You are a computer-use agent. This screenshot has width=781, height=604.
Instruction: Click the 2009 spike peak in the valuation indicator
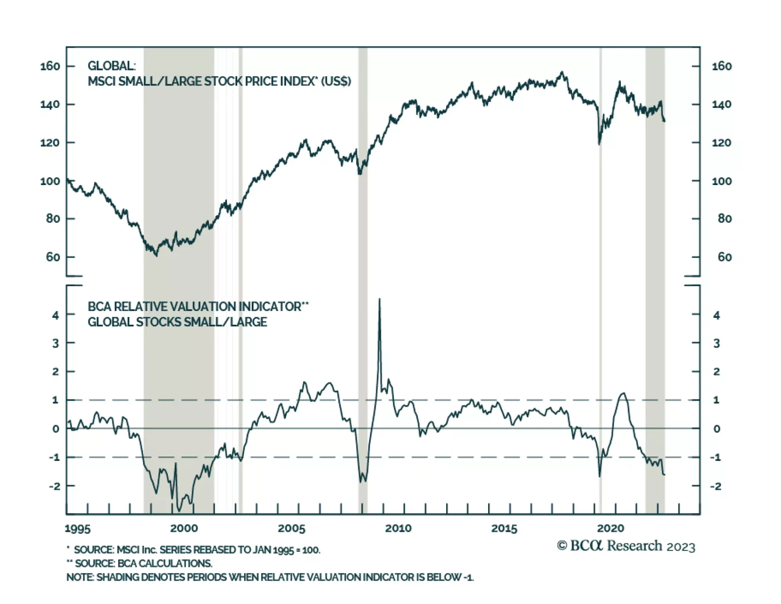click(379, 299)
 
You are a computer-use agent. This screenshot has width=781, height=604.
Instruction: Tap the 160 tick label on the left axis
click(50, 66)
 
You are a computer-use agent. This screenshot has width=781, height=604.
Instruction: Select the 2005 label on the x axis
click(291, 528)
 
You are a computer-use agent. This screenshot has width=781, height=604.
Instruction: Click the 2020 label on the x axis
click(611, 528)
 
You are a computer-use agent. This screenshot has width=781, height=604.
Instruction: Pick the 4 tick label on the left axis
click(56, 315)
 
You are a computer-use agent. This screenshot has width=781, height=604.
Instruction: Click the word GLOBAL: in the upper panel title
click(112, 66)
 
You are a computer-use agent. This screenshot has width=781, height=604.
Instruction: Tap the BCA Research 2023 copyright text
click(626, 546)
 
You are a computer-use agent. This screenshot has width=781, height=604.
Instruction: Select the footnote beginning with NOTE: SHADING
click(270, 577)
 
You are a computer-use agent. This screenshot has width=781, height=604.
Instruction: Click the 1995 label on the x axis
click(78, 529)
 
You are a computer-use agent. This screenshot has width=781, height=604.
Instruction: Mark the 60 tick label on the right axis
click(724, 257)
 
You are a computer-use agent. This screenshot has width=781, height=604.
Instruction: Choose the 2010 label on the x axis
click(398, 528)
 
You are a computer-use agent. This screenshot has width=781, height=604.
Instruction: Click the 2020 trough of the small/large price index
click(599, 144)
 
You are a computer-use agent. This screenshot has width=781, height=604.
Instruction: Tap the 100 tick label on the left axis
click(50, 181)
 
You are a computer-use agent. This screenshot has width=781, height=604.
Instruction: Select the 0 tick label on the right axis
click(716, 429)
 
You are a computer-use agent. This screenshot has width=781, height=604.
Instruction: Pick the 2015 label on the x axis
click(504, 528)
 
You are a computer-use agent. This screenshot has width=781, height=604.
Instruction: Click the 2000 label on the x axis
click(184, 528)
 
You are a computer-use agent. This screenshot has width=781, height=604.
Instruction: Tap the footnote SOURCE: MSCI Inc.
click(193, 550)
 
